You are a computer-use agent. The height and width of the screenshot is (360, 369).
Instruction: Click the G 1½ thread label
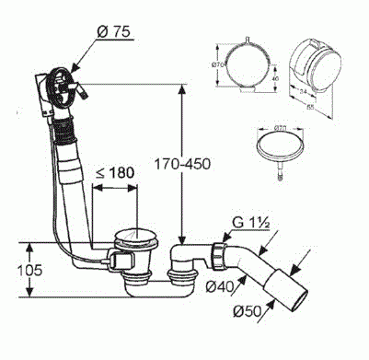coord(249,222)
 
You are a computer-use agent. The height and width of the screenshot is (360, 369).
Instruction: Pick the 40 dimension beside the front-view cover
coord(276,79)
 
